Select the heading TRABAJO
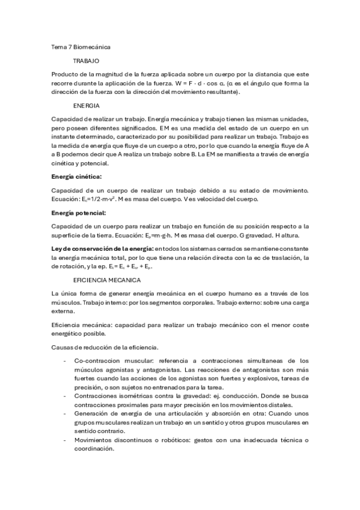point(86,61)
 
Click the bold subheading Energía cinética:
point(77,176)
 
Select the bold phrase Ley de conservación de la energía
point(103,248)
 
